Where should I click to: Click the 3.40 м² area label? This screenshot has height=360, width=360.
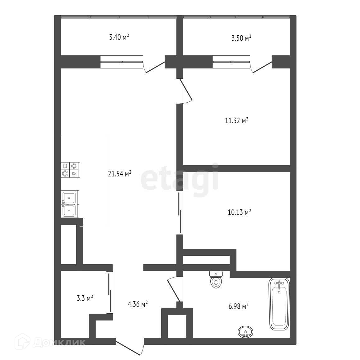[119, 38]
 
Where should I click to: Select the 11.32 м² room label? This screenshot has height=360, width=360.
[236, 120]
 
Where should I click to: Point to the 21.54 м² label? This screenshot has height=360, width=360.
[119, 174]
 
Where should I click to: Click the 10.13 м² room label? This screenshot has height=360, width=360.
[240, 213]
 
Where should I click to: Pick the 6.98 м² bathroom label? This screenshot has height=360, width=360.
[238, 306]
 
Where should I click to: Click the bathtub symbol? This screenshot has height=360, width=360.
[279, 304]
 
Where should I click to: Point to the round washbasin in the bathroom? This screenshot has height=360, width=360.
[245, 332]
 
